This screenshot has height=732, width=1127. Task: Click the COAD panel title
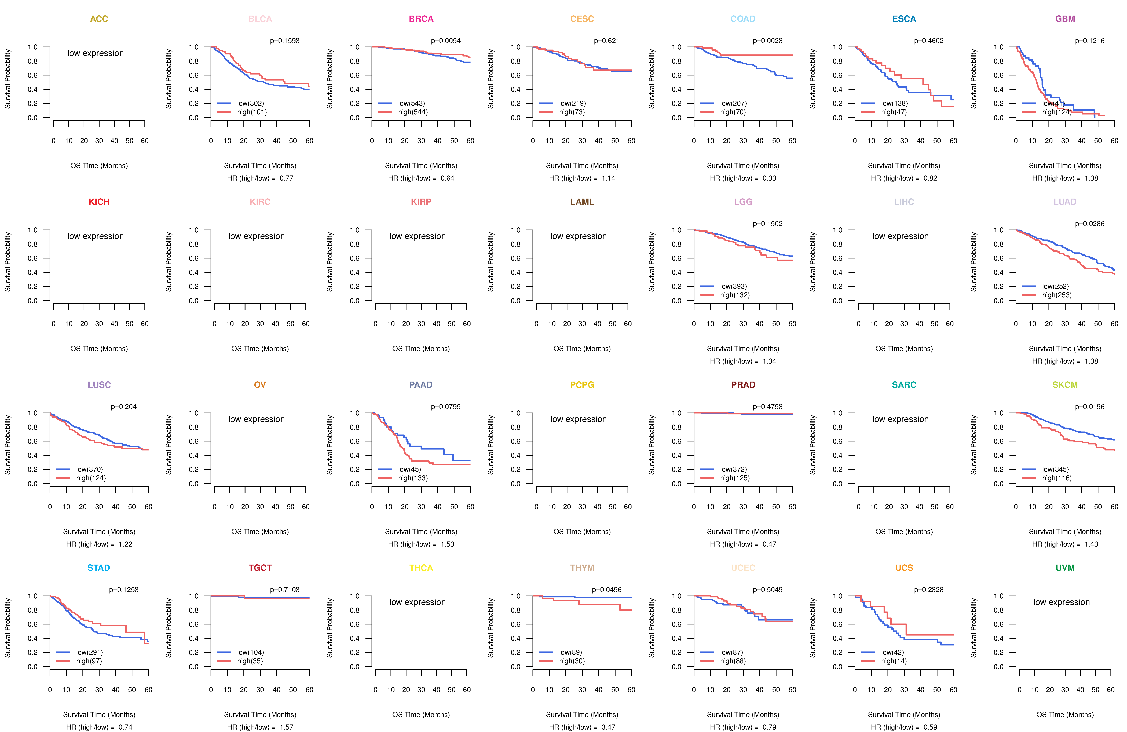click(743, 19)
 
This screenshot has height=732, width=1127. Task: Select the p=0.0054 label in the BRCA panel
click(445, 41)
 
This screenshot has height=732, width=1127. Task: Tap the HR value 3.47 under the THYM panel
click(608, 727)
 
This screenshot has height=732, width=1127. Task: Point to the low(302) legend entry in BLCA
click(250, 103)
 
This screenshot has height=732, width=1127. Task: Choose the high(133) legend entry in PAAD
click(412, 478)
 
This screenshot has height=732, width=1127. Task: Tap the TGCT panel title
click(260, 568)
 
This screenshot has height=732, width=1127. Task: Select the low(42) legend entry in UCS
click(892, 652)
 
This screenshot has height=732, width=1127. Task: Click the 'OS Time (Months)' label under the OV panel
click(260, 531)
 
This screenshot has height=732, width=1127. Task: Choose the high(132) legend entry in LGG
click(734, 295)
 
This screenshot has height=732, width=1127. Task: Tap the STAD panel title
click(98, 568)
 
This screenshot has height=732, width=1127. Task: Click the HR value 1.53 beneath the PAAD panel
click(447, 544)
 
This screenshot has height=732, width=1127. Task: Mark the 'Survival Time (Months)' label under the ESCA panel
click(903, 166)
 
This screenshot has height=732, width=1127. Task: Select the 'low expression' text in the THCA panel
click(417, 602)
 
